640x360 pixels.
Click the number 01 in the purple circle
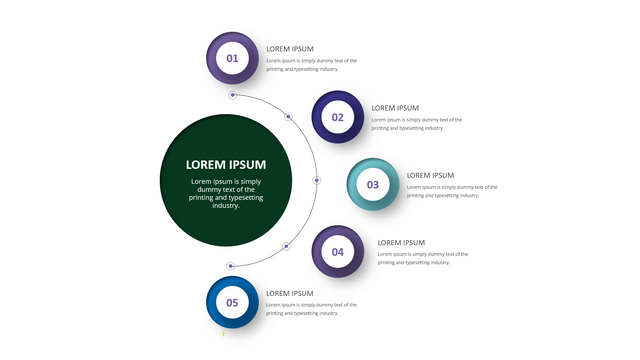[x=232, y=58]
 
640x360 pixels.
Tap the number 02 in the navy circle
[x=338, y=118]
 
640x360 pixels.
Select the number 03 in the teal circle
[x=373, y=185]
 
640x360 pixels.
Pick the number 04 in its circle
[x=338, y=252]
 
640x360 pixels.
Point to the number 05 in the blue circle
[x=232, y=303]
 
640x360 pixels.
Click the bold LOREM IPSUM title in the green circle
[x=226, y=164]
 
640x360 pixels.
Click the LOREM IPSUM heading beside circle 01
[x=290, y=49]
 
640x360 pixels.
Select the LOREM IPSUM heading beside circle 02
[x=395, y=108]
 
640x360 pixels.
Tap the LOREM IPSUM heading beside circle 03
[x=430, y=176]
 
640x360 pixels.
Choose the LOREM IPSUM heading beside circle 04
[x=401, y=243]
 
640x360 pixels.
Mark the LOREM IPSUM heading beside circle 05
[x=290, y=293]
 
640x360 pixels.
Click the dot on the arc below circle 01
[x=233, y=95]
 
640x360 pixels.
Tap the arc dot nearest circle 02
[x=288, y=117]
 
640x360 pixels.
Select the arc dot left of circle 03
[x=317, y=180]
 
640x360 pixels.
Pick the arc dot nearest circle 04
[x=286, y=246]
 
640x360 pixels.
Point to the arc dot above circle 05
[x=231, y=266]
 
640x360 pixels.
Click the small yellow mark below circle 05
[x=223, y=334]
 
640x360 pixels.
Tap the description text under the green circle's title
[x=226, y=193]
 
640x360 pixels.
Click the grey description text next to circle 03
[x=452, y=191]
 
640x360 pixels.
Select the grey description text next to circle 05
[x=311, y=309]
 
